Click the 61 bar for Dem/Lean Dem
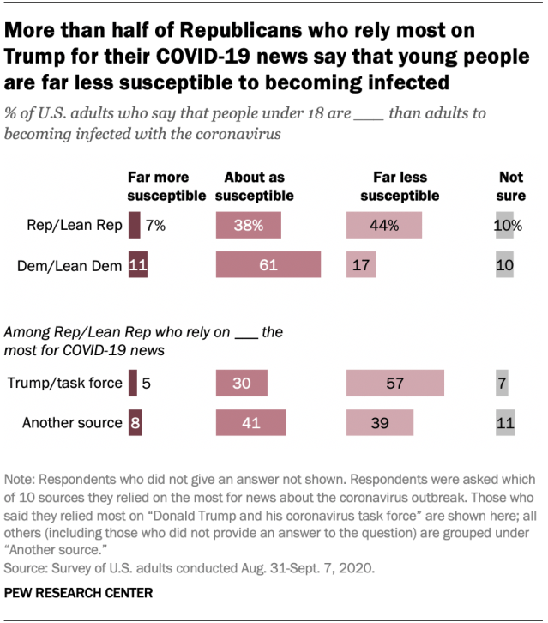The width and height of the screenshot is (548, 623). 268,265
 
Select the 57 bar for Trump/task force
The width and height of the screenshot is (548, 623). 394,383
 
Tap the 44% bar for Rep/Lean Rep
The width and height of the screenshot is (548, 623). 384,226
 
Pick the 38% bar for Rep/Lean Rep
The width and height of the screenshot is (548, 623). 250,226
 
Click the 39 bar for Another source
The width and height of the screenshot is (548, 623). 380,422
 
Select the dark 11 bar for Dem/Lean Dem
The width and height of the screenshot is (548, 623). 135,265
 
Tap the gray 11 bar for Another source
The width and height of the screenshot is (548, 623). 505,422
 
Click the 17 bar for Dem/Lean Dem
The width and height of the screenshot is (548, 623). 360,265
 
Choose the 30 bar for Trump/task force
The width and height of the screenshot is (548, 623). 242,383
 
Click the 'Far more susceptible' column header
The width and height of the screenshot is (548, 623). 166,186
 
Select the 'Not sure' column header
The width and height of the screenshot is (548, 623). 511,186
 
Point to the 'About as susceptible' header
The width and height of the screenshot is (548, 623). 254,186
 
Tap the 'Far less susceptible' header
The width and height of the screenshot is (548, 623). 400,186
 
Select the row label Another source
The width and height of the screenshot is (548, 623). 72,422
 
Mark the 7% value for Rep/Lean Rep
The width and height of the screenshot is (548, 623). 155,226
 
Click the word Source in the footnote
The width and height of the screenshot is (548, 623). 25,567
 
